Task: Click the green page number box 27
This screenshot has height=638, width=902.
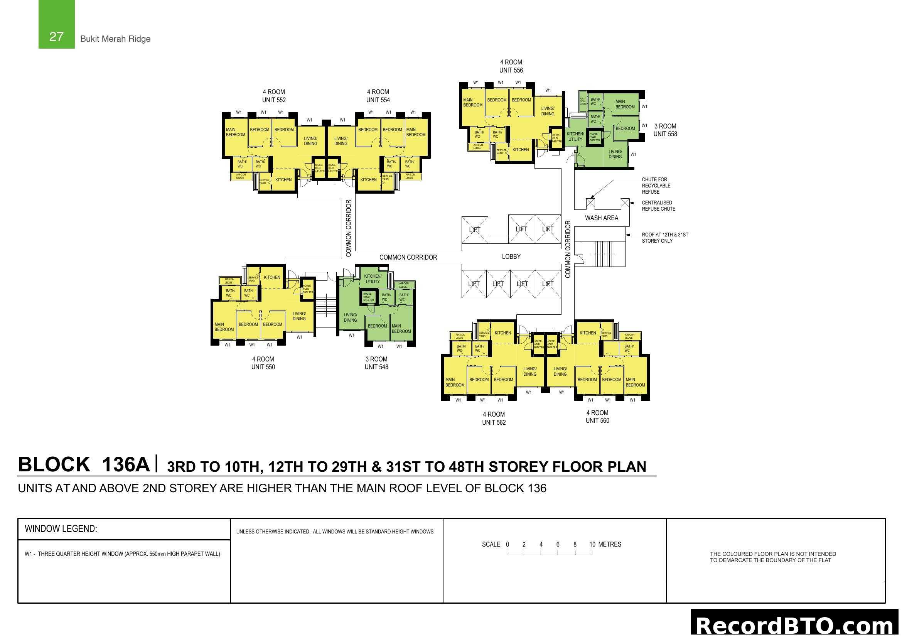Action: coord(56,25)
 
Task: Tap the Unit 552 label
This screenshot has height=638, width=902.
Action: coord(274,96)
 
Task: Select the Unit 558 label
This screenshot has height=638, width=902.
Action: coord(665,130)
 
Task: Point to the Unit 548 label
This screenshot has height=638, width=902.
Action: coord(376,363)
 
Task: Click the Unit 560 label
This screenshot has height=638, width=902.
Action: coord(597,417)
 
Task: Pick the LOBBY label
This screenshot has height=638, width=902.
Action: coord(511,257)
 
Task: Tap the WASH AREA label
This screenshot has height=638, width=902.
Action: coord(601,218)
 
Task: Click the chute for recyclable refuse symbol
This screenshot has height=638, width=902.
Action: coord(590,203)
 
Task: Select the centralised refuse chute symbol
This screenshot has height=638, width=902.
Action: coord(625,203)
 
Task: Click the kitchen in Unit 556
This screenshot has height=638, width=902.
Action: coord(521,150)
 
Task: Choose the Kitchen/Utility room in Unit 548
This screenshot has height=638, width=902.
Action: coord(373,279)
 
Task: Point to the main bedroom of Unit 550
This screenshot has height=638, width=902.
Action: coord(224,327)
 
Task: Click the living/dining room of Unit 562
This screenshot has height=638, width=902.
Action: coord(529,371)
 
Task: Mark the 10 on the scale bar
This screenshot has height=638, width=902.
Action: coord(592,545)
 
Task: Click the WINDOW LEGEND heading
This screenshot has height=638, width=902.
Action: coord(61,529)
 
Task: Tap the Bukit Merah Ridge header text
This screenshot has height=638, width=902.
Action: coord(115,39)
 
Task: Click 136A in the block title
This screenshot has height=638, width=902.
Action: coord(125,465)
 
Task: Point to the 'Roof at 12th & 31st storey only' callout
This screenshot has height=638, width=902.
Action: coord(665,238)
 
